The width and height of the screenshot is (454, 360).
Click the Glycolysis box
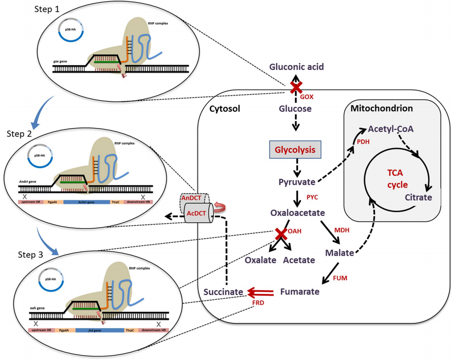pos(295,150)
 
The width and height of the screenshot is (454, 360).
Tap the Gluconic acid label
pos(295,67)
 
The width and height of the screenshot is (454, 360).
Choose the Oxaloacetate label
pos(297,213)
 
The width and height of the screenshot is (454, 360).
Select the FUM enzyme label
pos(340,278)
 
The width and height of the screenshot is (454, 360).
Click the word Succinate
pos(223,292)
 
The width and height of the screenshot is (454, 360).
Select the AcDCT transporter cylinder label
pos(197,213)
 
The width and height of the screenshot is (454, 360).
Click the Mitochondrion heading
pos(382,108)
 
